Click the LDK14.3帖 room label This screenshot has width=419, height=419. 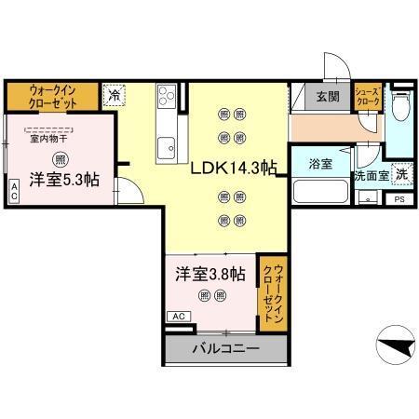point(234,169)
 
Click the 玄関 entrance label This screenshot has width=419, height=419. point(328,97)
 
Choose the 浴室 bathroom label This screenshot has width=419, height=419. point(320,163)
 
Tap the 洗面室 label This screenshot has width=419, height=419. point(371,175)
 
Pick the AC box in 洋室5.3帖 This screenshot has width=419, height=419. point(14,191)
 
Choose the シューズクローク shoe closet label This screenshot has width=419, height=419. point(368,97)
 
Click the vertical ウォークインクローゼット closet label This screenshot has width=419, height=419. point(271,292)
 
